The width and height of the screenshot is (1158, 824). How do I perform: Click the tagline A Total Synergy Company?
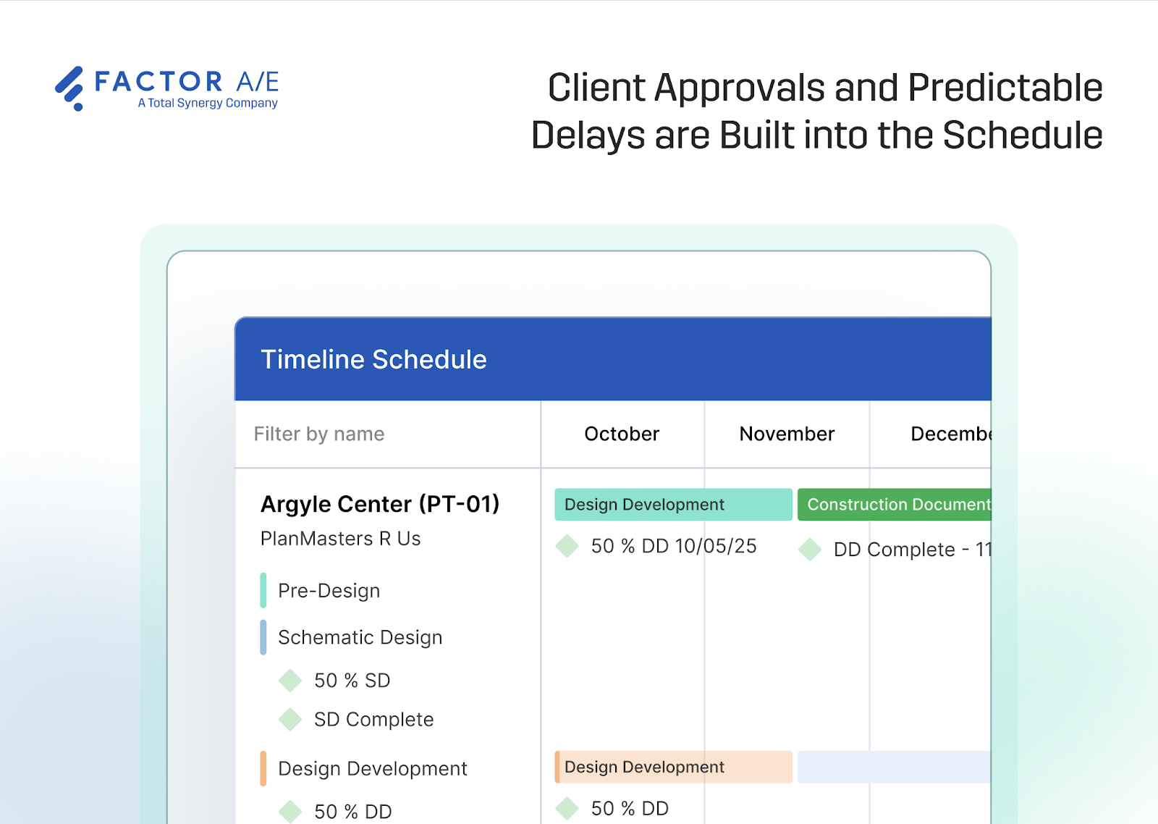coord(208,103)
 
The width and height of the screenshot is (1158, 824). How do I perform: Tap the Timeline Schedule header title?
coord(373,359)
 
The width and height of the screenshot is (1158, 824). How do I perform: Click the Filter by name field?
coord(319,434)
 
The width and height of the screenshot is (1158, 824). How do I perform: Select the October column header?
coord(622,434)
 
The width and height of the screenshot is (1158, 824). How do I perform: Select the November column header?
coord(787,434)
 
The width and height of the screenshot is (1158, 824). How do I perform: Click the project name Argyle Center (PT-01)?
coord(380,504)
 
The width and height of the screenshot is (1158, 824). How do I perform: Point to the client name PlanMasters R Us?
coord(340,539)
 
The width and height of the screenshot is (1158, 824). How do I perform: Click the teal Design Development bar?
coord(672,505)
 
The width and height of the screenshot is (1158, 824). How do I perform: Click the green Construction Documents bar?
coord(895,505)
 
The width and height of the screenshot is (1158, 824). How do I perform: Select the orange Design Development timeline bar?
coord(672,767)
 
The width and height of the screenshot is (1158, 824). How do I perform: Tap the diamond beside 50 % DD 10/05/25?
coord(567,546)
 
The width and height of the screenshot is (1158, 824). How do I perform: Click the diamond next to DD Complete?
coord(810,550)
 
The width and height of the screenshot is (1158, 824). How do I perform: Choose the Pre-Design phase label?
coord(329,591)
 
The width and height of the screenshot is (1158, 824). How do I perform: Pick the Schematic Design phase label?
coord(360,637)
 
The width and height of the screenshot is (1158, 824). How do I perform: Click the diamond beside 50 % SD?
coord(290,681)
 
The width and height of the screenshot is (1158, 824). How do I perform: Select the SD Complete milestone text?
coord(373,720)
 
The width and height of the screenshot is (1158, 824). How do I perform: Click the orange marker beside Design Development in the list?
coord(263,768)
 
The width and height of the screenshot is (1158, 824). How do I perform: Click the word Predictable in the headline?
coord(1005,88)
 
